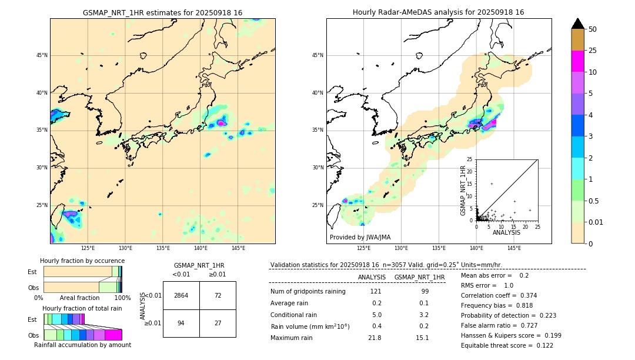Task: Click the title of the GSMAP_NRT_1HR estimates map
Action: [x=162, y=12]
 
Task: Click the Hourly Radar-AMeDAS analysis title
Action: [x=439, y=12]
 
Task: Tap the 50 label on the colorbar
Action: [x=593, y=29]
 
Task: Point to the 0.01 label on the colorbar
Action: [x=596, y=222]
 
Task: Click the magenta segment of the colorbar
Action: [x=577, y=62]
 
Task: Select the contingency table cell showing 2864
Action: [x=181, y=295]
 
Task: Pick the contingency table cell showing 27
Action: [x=218, y=323]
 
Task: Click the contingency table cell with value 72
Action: [x=218, y=295]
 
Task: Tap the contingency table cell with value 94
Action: [x=181, y=323]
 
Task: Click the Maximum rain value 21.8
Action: [x=375, y=338]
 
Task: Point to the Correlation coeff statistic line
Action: [x=499, y=295]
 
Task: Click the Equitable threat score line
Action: [x=507, y=345]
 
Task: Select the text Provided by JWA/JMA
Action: [x=360, y=238]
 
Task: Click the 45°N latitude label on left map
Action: [x=42, y=55]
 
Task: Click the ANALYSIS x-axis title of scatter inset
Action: [x=506, y=232]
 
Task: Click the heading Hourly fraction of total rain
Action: [x=82, y=308]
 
